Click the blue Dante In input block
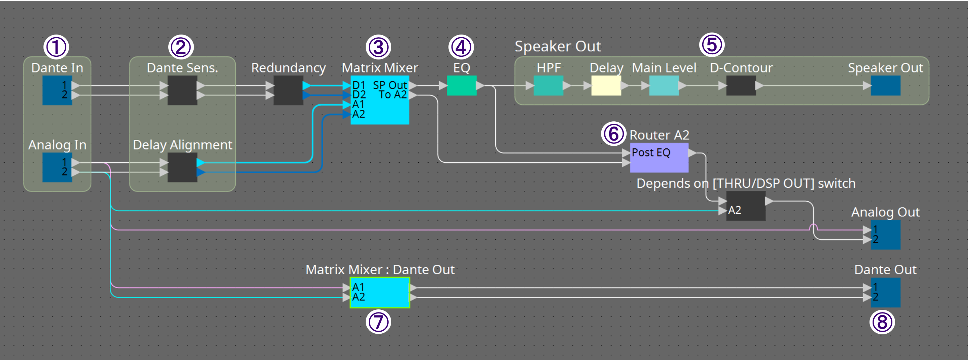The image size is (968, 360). [x=57, y=90]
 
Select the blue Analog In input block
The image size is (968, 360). [x=57, y=167]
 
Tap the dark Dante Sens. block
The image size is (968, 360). [x=182, y=90]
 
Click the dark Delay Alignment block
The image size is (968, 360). [x=182, y=167]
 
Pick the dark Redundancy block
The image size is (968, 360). [x=288, y=90]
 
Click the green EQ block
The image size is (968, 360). [x=461, y=85]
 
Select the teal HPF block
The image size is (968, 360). [x=548, y=85]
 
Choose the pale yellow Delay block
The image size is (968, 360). [x=606, y=85]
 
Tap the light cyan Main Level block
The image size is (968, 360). [x=664, y=85]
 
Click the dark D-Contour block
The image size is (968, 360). [x=741, y=85]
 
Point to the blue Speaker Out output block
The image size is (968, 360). [x=885, y=85]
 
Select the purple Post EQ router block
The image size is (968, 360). [x=659, y=158]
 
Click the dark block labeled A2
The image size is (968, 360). [x=746, y=206]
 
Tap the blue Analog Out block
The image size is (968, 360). [x=885, y=235]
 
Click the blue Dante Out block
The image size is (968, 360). [x=885, y=292]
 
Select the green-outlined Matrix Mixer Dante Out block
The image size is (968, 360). [x=380, y=292]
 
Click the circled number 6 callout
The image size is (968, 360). [x=613, y=134]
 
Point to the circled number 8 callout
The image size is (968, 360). [x=881, y=322]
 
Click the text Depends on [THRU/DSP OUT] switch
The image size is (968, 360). [x=746, y=183]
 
